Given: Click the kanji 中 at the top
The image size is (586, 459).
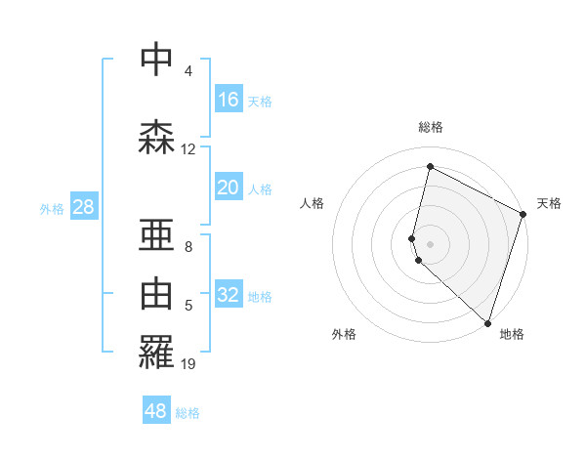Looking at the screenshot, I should tap(156, 61).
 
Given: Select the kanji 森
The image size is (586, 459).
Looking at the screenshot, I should tap(156, 137).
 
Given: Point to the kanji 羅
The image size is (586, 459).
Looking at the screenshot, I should tap(156, 354).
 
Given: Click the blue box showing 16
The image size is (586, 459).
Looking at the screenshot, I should tap(229, 100).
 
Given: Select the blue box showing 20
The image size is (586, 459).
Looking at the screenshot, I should tap(229, 188).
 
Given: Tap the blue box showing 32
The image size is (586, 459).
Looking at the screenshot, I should tap(229, 296).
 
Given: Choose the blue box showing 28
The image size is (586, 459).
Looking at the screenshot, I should tap(83, 207).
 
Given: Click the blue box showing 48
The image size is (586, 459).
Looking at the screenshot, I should tap(156, 411).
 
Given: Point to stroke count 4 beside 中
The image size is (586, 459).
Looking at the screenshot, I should tap(188, 71).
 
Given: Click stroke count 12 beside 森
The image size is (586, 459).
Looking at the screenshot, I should tap(188, 149).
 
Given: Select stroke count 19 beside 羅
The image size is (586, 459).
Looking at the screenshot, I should tap(188, 364).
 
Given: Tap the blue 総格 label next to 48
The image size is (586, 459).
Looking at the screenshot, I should tap(188, 413).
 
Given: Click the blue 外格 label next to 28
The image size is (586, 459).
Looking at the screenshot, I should tap(52, 209).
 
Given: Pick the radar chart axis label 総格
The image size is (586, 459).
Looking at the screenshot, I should tap(431, 127).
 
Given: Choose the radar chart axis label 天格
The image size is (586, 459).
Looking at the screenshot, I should tap(549, 203).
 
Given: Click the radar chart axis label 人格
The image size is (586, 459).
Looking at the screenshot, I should tap(313, 203).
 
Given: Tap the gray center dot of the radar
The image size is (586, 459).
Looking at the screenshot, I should tap(431, 243).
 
